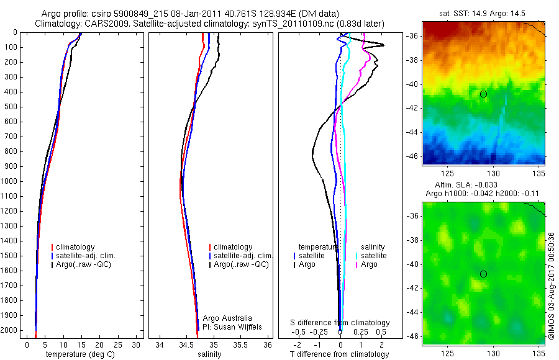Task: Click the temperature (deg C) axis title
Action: point(78,354)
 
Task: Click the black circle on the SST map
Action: point(483,94)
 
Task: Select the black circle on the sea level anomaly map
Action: point(483,274)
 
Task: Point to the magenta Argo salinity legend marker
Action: point(357,264)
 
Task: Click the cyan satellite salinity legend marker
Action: point(357,256)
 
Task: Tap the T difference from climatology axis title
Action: point(340,354)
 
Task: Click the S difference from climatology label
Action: point(340,323)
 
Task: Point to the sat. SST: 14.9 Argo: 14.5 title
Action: point(483,12)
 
